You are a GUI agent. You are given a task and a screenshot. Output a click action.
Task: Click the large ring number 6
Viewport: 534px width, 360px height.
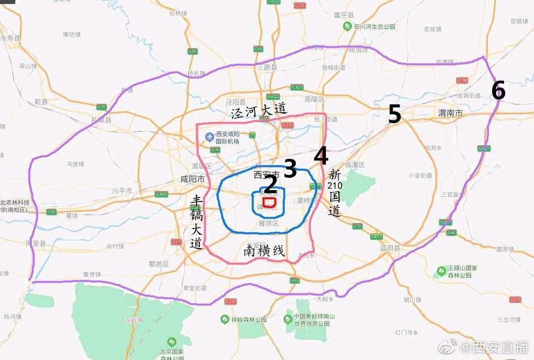point(498,91)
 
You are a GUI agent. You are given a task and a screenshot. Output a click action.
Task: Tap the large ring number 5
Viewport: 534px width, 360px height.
point(394,114)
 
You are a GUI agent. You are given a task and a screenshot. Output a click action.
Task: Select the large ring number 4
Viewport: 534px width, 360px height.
point(321,156)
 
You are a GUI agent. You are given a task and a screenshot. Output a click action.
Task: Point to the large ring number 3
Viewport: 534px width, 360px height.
point(290,169)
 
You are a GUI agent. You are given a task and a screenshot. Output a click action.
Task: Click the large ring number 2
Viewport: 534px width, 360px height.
point(271,184)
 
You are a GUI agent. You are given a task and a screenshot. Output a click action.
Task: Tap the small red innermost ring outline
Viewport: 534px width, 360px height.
point(269,202)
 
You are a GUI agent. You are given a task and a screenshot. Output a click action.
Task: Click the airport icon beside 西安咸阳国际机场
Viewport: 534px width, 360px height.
point(210,135)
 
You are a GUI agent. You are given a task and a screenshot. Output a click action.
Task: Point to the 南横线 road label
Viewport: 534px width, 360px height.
point(264,251)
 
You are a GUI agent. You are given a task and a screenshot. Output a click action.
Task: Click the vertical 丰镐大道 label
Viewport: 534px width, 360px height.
point(196,222)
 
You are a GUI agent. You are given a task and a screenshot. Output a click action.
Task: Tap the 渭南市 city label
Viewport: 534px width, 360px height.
point(450,113)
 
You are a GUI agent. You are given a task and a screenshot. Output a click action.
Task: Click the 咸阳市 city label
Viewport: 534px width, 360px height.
point(192,179)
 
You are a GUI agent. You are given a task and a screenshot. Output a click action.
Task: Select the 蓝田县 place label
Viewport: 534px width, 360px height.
point(389,248)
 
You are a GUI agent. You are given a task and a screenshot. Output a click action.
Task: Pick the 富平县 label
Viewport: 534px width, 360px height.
point(344,15)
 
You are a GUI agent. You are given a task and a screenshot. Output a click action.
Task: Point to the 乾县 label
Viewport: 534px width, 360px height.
point(41,102)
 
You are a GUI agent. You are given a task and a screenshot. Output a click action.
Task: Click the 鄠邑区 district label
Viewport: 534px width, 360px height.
point(158,264)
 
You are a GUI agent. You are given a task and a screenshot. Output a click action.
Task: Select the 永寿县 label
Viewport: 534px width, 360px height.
point(10,38)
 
